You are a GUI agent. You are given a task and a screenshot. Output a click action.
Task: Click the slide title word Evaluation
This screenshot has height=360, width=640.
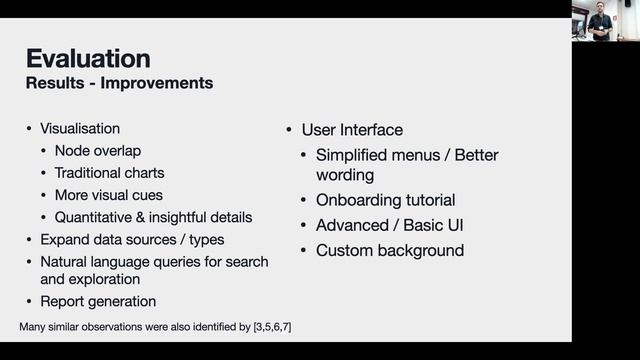88,58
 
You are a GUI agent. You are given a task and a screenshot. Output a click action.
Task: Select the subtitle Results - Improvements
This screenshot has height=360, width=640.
119,83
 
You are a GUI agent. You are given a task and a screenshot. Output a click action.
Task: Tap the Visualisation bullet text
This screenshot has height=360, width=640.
80,129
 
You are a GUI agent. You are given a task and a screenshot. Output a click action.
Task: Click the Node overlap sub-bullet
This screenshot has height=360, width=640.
98,151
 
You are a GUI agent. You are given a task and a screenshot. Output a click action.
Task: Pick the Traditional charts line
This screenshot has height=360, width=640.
110,173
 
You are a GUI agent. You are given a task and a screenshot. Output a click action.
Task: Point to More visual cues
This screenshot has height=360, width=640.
109,195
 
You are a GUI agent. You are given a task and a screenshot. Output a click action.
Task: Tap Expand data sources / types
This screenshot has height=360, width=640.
132,239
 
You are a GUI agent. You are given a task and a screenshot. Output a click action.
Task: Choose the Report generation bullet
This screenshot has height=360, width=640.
98,301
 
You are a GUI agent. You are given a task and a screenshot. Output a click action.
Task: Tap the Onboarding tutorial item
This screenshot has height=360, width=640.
385,200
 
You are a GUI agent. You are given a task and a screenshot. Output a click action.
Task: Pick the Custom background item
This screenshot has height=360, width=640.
389,250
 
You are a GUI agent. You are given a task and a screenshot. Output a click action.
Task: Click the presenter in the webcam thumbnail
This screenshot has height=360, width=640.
601,21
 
